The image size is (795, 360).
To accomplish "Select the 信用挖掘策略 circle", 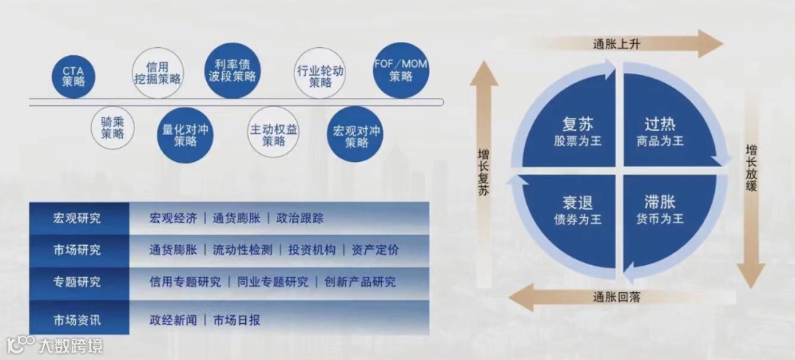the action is point(158,73).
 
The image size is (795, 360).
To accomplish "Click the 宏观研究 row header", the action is point(77,218).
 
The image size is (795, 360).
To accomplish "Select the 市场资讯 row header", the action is point(77,320).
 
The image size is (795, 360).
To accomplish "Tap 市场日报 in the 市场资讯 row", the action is point(236,320).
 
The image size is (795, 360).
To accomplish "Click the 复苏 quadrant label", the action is point(577,123).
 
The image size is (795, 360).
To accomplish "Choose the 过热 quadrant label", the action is point(660,123).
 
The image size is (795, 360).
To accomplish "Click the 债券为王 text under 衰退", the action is point(577,219).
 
